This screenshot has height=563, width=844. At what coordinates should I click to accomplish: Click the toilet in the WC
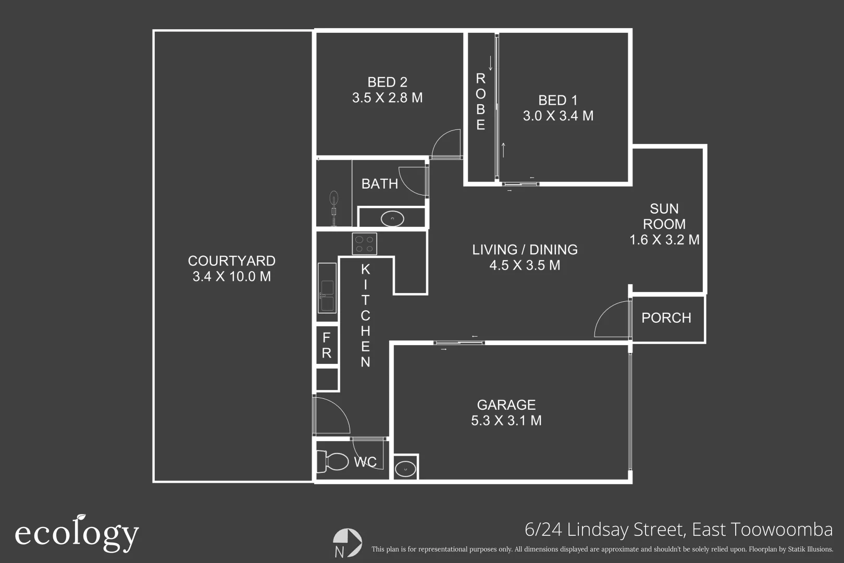[332, 461]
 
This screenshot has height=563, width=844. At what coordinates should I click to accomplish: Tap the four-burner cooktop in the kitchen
[364, 243]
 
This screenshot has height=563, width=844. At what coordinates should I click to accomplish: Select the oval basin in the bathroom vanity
[392, 219]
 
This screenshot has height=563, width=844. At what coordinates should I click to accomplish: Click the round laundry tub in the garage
[405, 469]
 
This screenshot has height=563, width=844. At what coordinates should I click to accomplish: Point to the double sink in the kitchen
[327, 288]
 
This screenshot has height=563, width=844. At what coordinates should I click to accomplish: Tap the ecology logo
[77, 533]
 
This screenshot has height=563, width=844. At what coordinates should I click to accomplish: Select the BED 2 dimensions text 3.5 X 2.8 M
[387, 97]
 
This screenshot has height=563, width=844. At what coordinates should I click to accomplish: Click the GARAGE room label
[506, 405]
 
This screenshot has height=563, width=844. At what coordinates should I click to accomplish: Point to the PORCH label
[666, 318]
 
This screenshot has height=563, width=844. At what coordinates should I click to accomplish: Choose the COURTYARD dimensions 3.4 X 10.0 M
[232, 276]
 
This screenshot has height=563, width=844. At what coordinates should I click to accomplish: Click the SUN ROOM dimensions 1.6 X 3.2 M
[664, 240]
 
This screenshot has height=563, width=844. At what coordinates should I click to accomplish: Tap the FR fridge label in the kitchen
[327, 345]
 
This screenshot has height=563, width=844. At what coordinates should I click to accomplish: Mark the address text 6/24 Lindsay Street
[604, 530]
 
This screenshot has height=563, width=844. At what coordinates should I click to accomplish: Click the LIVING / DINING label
[525, 250]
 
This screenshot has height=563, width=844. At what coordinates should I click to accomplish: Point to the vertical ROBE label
[480, 102]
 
